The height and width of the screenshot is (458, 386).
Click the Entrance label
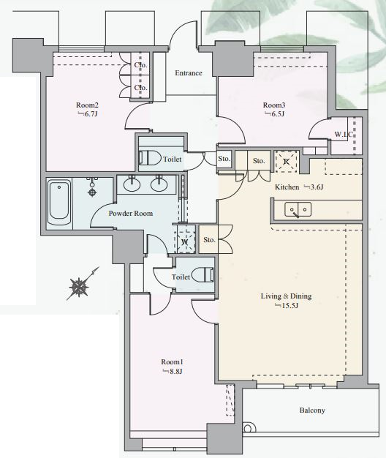[x=189, y=73]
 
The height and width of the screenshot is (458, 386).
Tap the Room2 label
[x=87, y=105]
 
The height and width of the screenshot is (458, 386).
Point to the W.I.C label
[x=344, y=135]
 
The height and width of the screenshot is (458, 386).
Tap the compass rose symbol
[x=80, y=287]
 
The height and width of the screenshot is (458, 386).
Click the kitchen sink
[x=298, y=209]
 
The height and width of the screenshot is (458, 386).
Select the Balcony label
[x=312, y=410]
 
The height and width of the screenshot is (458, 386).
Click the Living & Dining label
[x=286, y=296]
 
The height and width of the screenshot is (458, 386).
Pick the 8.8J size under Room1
[x=173, y=372]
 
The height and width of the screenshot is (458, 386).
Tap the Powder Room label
[x=131, y=214]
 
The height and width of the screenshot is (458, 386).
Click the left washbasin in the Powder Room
[x=132, y=184]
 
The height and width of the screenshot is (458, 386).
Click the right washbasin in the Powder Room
[x=159, y=184]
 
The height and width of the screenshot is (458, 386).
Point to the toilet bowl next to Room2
[x=151, y=158]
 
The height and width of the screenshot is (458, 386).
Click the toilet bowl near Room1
[x=203, y=274]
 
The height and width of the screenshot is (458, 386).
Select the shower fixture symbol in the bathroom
[x=92, y=187]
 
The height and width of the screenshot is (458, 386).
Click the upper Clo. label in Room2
[x=140, y=65]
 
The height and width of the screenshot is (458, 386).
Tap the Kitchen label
[x=287, y=187]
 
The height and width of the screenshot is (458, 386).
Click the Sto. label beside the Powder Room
[x=209, y=240]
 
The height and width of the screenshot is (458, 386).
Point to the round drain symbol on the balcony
[x=248, y=429]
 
